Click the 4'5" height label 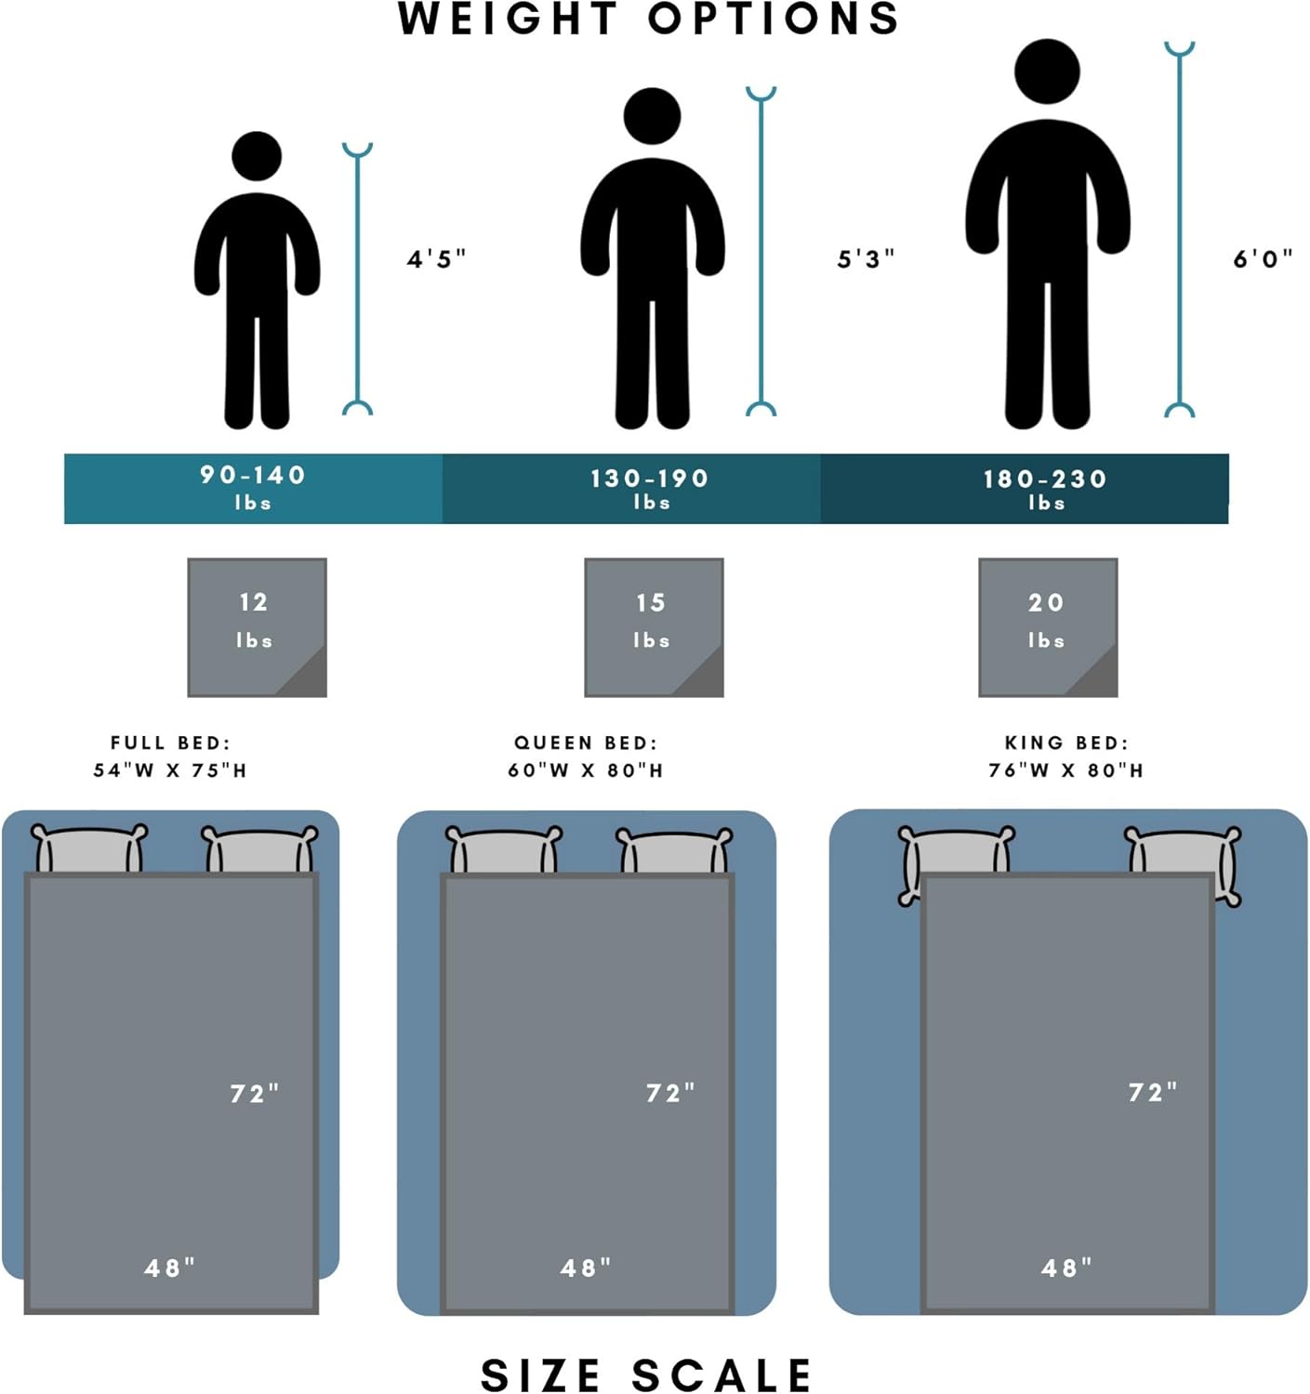point(436,258)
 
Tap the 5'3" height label point(866,258)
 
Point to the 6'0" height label point(1263,258)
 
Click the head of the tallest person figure point(1047,72)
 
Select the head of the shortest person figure point(257,156)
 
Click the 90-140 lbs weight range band point(253,488)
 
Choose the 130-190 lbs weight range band point(650,488)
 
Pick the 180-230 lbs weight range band point(1045,488)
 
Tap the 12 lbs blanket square point(257,627)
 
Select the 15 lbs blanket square point(654,627)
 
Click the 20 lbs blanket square point(1048,627)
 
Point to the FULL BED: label point(170,743)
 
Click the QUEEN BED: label point(586,743)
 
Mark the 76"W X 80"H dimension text point(1065,769)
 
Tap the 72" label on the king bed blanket point(1153,1092)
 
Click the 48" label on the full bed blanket point(170,1268)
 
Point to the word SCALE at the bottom point(721,1375)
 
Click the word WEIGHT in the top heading point(508,19)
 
